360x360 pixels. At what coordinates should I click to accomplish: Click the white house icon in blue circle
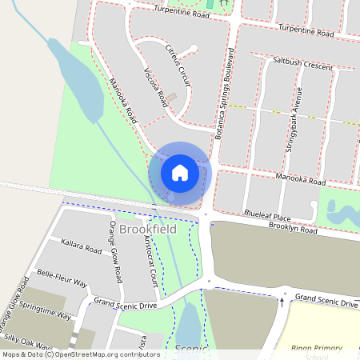click(x=180, y=172)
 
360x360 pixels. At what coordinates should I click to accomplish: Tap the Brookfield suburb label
click(x=147, y=230)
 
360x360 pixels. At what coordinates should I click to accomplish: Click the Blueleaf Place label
click(x=267, y=217)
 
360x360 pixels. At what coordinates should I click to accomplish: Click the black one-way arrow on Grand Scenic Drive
click(x=282, y=302)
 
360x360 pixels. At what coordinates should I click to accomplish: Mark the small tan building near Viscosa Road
click(x=172, y=108)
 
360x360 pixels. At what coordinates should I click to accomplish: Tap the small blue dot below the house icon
click(x=170, y=196)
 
